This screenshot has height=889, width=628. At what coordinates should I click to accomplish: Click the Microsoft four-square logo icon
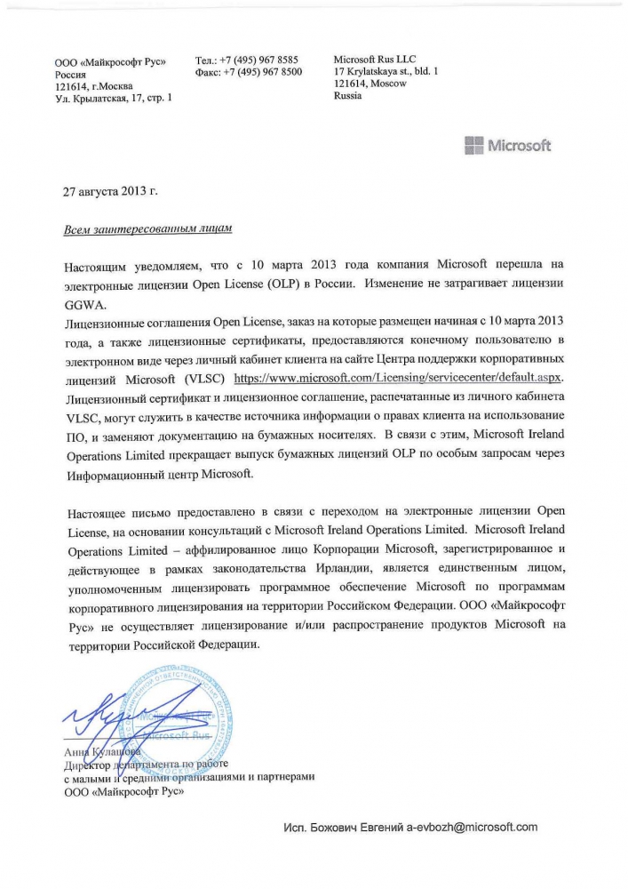(x=474, y=146)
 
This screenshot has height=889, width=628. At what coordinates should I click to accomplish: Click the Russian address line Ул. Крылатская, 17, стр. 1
(x=114, y=98)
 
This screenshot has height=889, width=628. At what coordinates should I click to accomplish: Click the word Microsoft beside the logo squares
(x=519, y=146)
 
